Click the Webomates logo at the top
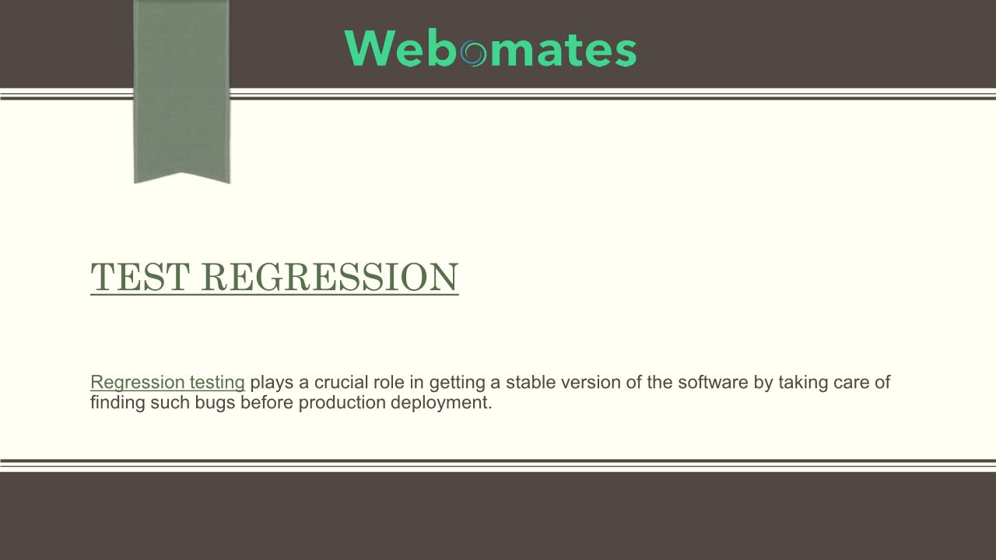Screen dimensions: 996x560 (490, 48)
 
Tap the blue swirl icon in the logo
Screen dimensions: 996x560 (473, 54)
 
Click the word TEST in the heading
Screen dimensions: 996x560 (140, 277)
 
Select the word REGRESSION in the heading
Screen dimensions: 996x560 (329, 277)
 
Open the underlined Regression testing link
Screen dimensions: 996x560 (167, 382)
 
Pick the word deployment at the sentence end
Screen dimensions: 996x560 (441, 403)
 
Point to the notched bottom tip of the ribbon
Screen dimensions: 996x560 (182, 173)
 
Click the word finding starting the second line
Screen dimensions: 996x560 (117, 403)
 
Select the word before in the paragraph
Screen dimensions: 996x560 (267, 403)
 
